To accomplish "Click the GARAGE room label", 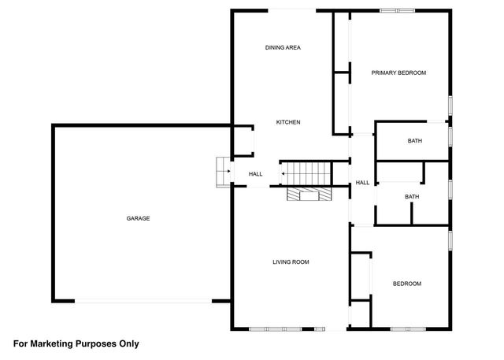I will (x=139, y=218).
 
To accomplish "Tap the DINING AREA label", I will (x=282, y=48).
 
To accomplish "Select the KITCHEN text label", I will (x=287, y=122).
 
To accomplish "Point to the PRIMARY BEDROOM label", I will (x=398, y=72).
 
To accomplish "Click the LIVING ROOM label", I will (x=291, y=262).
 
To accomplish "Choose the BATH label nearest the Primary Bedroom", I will (x=414, y=141).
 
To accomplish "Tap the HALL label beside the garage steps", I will (x=256, y=174).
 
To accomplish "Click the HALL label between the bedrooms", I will (x=362, y=183).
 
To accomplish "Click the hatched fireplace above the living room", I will (x=304, y=195).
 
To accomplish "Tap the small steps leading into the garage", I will (x=222, y=171).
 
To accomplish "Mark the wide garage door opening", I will (x=143, y=300).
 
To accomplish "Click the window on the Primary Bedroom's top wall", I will (x=396, y=10).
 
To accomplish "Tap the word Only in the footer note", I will (x=128, y=343).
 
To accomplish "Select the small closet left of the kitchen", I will (x=242, y=142).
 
